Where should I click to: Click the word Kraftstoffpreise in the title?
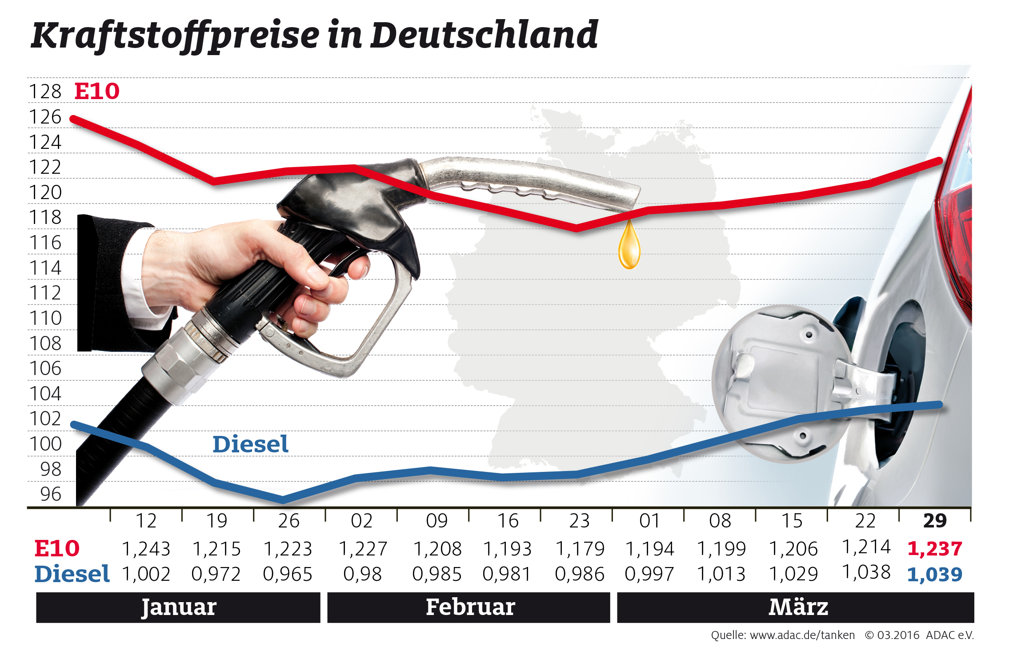coord(175,36)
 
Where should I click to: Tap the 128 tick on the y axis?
coord(45,92)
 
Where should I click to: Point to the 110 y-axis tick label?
coord(45,318)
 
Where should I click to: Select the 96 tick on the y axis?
coord(50,494)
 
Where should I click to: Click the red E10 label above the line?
coord(97,92)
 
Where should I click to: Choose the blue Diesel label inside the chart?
coord(250,444)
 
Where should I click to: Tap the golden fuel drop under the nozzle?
coord(629,247)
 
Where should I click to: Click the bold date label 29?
coord(935,521)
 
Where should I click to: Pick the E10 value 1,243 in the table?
coord(146,549)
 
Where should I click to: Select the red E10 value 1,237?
coord(935,549)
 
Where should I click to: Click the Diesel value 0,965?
coord(288,574)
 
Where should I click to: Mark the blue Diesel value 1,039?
coord(935,575)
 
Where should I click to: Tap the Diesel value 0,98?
coord(362,574)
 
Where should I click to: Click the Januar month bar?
coord(178,607)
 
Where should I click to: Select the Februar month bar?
coord(469,607)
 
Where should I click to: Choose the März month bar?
coord(796,607)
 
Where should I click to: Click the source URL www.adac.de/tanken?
coord(802,635)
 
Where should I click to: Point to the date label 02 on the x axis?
coord(361,521)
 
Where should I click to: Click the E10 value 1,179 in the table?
coord(580,549)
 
